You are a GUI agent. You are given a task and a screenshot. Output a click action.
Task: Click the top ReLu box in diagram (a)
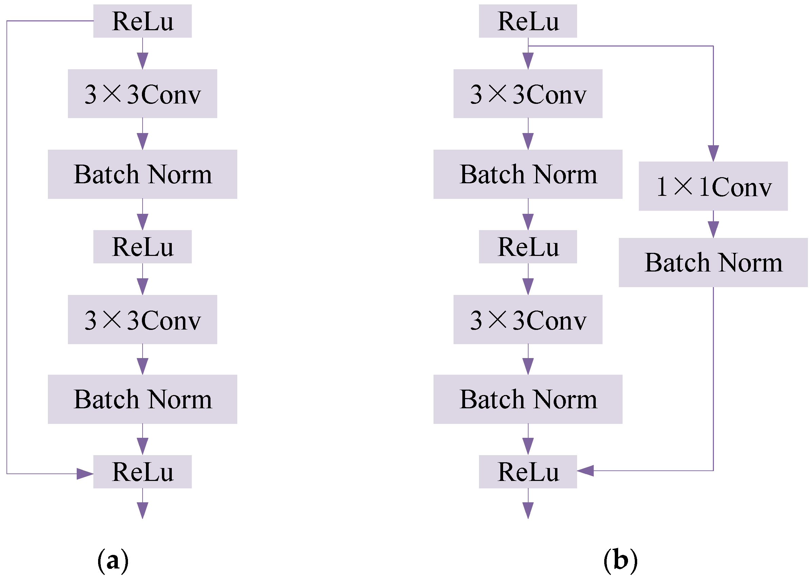pyautogui.click(x=142, y=21)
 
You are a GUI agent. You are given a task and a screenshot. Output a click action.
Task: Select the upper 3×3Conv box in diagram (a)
pyautogui.click(x=142, y=94)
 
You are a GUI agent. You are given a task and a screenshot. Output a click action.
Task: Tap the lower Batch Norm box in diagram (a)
pyautogui.click(x=142, y=399)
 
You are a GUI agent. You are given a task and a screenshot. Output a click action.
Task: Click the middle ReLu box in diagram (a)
pyautogui.click(x=142, y=247)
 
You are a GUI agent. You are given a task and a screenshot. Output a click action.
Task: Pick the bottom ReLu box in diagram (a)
pyautogui.click(x=142, y=472)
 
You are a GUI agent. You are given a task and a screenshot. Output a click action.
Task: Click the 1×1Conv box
pyautogui.click(x=713, y=186)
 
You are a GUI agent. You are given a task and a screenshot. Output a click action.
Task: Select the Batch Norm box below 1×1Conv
pyautogui.click(x=713, y=262)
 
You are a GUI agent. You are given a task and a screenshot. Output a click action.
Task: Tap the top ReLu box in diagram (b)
pyautogui.click(x=528, y=21)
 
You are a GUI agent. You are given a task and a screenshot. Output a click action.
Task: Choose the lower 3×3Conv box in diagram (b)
pyautogui.click(x=528, y=319)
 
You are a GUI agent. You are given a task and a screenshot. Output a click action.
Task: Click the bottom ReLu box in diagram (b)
pyautogui.click(x=528, y=472)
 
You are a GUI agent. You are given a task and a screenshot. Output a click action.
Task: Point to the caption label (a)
pyautogui.click(x=113, y=561)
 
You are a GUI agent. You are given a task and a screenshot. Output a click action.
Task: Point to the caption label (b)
pyautogui.click(x=620, y=561)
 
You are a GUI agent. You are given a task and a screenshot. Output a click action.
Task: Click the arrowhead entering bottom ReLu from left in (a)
pyautogui.click(x=86, y=474)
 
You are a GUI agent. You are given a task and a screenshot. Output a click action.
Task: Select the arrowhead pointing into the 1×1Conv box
pyautogui.click(x=713, y=153)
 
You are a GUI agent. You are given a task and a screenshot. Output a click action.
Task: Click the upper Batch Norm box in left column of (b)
pyautogui.click(x=528, y=174)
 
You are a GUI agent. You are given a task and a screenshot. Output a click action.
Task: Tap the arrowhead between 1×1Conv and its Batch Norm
pyautogui.click(x=713, y=229)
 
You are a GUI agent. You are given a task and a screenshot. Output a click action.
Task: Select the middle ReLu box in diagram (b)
pyautogui.click(x=528, y=247)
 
